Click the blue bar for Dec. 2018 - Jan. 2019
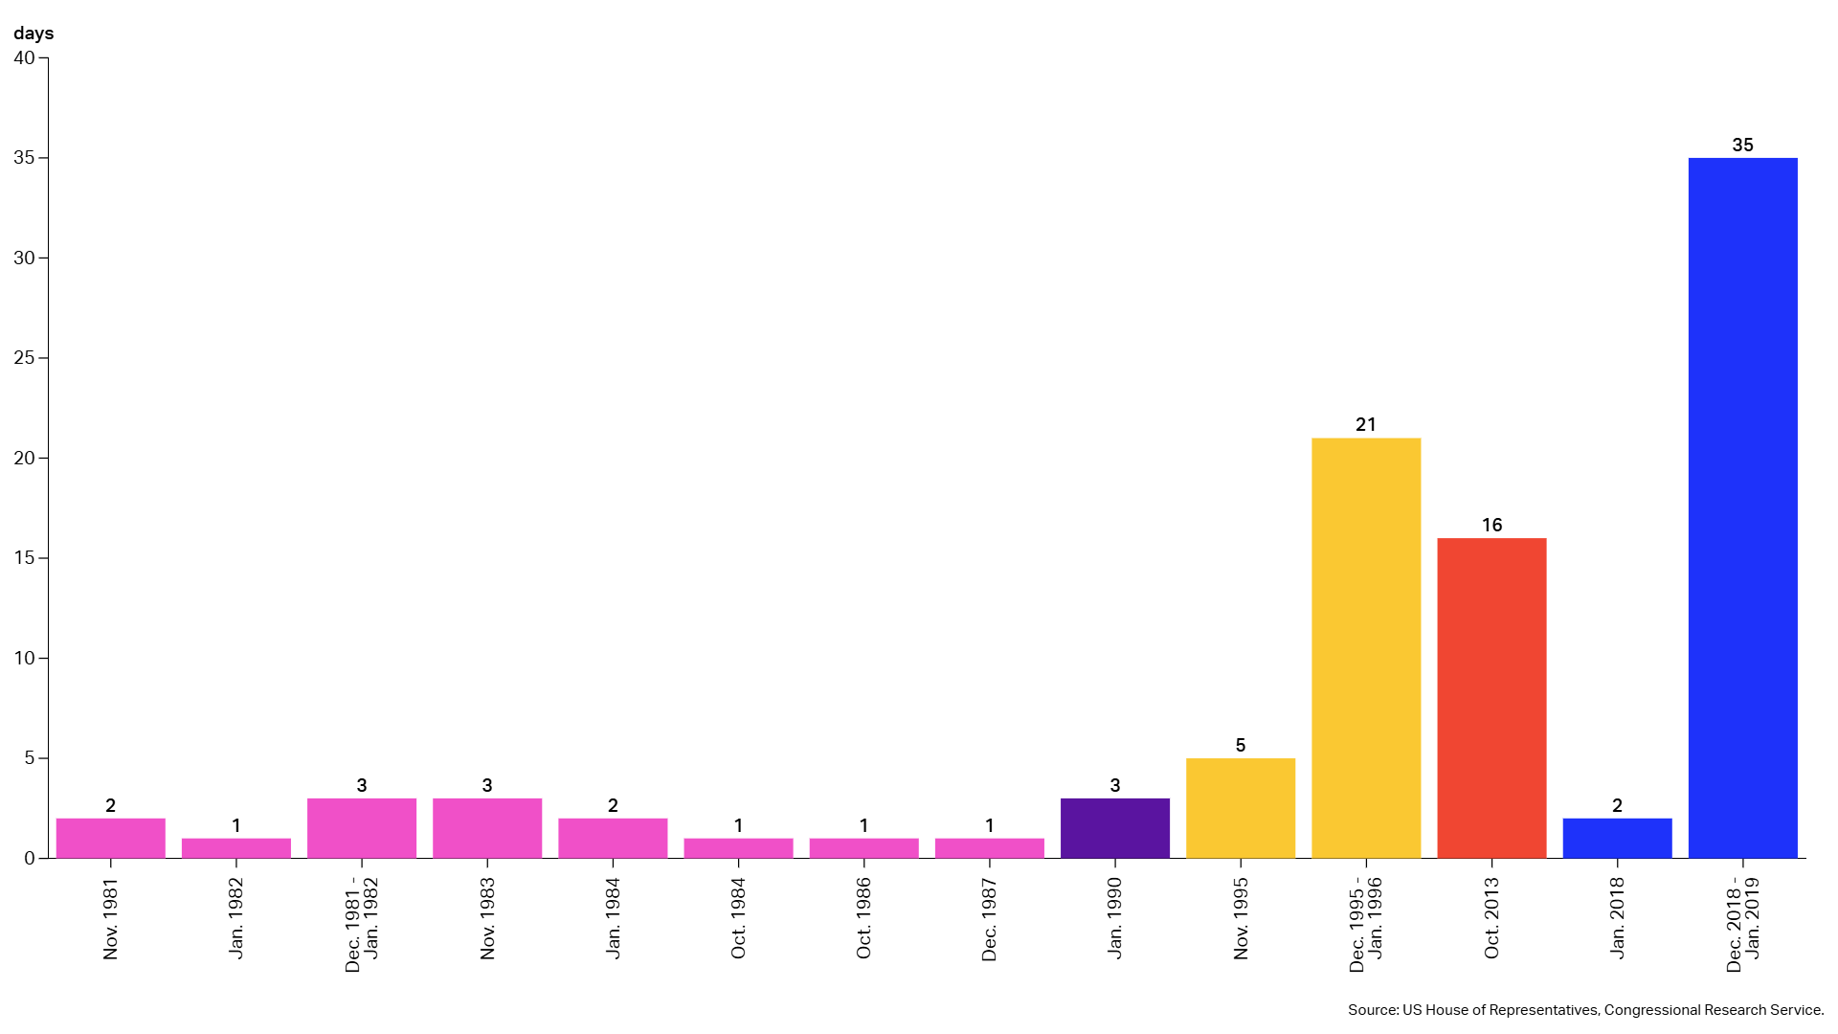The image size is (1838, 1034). pos(1742,507)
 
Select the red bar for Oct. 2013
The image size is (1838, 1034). pos(1491,698)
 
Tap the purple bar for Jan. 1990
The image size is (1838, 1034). pos(1114,828)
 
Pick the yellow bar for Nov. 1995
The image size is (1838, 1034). pos(1240,808)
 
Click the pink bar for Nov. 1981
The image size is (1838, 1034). pos(110,838)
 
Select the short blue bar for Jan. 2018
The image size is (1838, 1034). pos(1617,838)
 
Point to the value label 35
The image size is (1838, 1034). pos(1742,145)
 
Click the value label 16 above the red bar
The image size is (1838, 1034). pos(1491,525)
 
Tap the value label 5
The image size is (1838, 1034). pos(1240,745)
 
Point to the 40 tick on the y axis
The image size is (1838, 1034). pos(24,57)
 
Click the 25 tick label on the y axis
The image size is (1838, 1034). pos(24,358)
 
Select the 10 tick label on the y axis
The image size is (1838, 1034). pos(24,658)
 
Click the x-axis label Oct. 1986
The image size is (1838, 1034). pos(863,918)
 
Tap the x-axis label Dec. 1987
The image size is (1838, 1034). pos(989,919)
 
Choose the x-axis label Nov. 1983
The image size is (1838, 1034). pos(487,919)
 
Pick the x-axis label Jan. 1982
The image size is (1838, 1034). pos(236,918)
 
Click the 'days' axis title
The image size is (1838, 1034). pos(34,34)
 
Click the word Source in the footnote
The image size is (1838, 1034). pos(1373,1010)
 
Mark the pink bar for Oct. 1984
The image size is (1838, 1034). pos(738,848)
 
